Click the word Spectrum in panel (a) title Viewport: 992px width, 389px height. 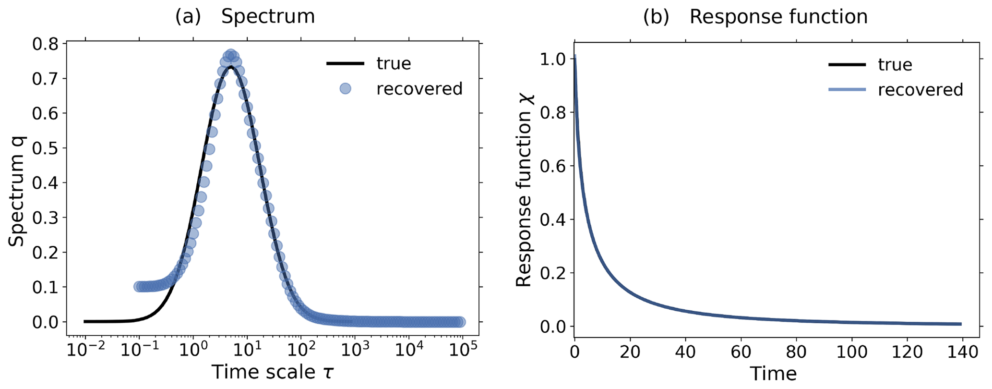(268, 16)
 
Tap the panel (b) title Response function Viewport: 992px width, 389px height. (778, 16)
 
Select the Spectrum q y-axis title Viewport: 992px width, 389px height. (17, 191)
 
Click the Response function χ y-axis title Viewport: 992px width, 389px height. (524, 191)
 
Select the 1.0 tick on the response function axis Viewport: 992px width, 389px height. (552, 59)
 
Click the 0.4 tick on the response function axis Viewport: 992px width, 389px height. (552, 219)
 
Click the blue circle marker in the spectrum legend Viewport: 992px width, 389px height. (345, 89)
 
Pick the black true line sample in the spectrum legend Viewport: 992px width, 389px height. (345, 63)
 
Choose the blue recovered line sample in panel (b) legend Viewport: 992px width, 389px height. (847, 90)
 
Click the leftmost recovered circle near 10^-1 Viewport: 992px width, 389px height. (139, 287)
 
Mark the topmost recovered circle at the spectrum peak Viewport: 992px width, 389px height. (231, 54)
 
